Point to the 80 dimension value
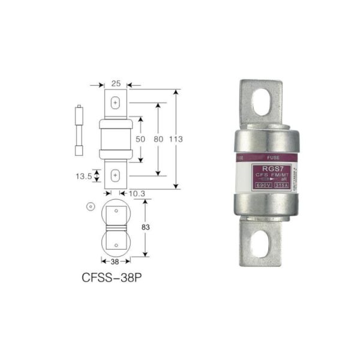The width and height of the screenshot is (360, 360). (x=158, y=139)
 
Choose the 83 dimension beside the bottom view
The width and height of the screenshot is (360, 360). (x=146, y=227)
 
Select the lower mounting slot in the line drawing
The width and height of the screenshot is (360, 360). (x=115, y=175)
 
